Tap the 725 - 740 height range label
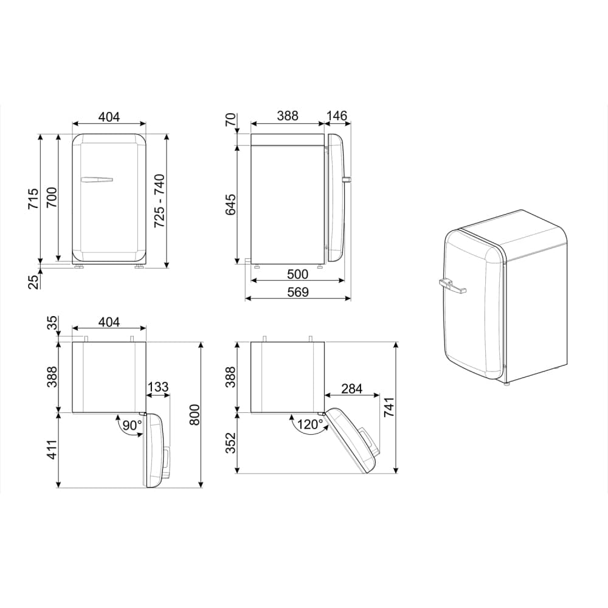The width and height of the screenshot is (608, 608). click(x=159, y=201)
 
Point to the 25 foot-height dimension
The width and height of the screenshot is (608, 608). click(x=34, y=280)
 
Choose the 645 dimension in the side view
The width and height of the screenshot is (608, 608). click(x=231, y=205)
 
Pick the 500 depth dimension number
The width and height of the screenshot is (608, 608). click(x=297, y=274)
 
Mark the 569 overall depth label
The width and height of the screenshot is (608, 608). click(x=297, y=292)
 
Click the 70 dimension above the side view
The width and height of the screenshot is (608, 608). click(x=231, y=120)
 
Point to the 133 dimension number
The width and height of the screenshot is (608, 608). click(x=157, y=387)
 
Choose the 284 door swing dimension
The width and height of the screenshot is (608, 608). click(x=353, y=388)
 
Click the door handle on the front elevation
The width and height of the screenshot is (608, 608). click(x=96, y=179)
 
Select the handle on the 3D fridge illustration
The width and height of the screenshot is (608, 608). click(x=451, y=284)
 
